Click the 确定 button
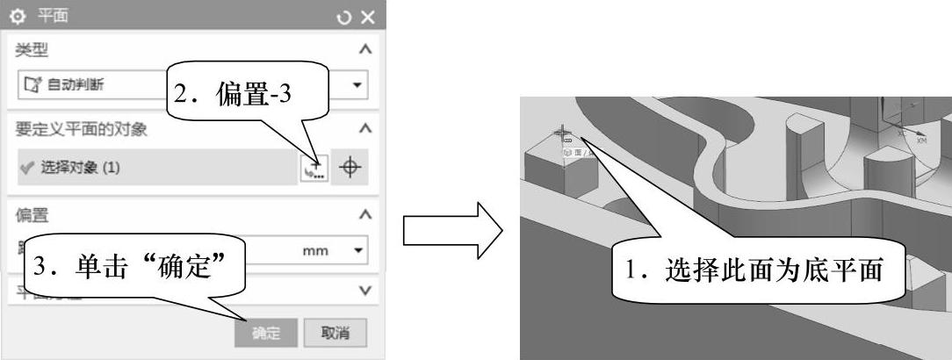(x=265, y=333)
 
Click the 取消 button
(x=335, y=333)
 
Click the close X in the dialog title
(x=367, y=17)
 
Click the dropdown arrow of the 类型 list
(x=356, y=85)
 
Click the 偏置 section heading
(x=31, y=213)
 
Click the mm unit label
(x=315, y=251)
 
